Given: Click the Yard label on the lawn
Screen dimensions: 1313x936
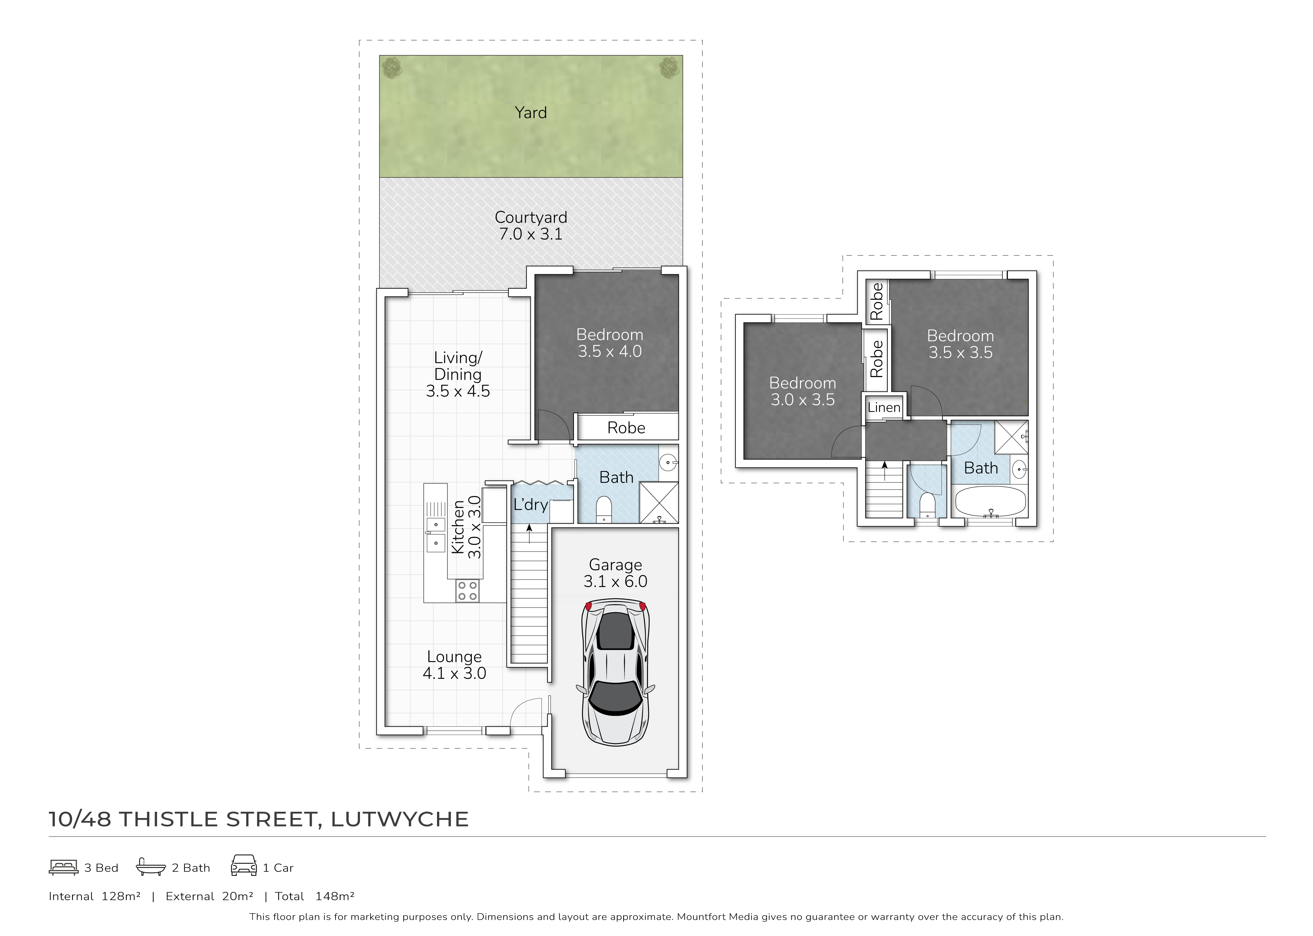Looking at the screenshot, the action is click(x=530, y=113).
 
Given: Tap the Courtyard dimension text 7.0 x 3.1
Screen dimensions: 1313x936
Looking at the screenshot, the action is click(x=530, y=234).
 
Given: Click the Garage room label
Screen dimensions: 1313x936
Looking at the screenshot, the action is click(x=615, y=565).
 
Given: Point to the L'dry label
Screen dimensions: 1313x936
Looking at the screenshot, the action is click(x=530, y=505).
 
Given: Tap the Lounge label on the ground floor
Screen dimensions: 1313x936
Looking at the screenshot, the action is click(x=454, y=656).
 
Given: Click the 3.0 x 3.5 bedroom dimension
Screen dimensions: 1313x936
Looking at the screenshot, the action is click(x=802, y=400).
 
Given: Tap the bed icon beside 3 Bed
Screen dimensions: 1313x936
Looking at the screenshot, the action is click(x=63, y=867).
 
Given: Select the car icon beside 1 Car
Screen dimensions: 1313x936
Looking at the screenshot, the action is click(x=244, y=866).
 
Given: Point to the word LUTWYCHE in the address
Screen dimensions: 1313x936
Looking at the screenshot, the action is click(x=399, y=819).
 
